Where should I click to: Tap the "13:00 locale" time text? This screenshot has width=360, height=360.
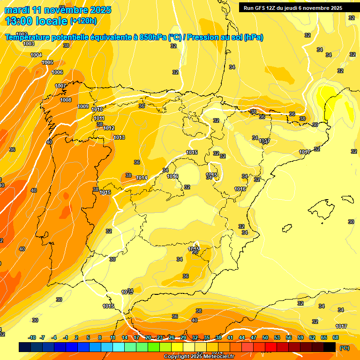pyautogui.click(x=36, y=21)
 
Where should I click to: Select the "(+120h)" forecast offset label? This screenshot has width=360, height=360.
pyautogui.click(x=83, y=21)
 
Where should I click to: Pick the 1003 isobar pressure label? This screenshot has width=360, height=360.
pyautogui.click(x=29, y=44)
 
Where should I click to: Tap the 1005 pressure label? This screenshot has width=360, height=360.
pyautogui.click(x=47, y=62)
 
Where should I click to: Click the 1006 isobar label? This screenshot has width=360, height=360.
pyautogui.click(x=57, y=72)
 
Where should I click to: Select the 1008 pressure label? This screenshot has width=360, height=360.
pyautogui.click(x=66, y=100)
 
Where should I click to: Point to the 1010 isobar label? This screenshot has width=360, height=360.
pyautogui.click(x=97, y=109)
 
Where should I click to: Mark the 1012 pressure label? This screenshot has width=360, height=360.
pyautogui.click(x=109, y=128)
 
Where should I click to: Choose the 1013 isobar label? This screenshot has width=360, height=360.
pyautogui.click(x=119, y=137)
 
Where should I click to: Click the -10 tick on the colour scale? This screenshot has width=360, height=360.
pyautogui.click(x=32, y=337)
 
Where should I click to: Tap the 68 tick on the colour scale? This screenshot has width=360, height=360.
pyautogui.click(x=336, y=337)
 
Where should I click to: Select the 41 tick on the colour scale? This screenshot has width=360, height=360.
pyautogui.click(x=230, y=337)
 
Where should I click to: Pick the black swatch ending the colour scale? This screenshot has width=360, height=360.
pyautogui.click(x=330, y=347)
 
